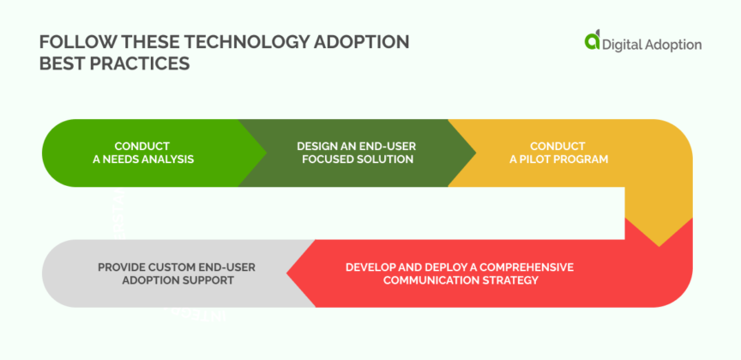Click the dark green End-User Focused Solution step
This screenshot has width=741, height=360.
pos(356,153)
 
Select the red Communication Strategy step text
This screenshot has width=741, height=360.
pos(460,273)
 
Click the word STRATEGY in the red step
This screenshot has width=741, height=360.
pos(506,280)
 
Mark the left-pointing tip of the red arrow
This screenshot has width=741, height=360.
pos(289,273)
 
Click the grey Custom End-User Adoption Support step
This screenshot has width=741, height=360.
pos(163,273)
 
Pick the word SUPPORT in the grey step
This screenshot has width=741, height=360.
pos(206,280)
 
